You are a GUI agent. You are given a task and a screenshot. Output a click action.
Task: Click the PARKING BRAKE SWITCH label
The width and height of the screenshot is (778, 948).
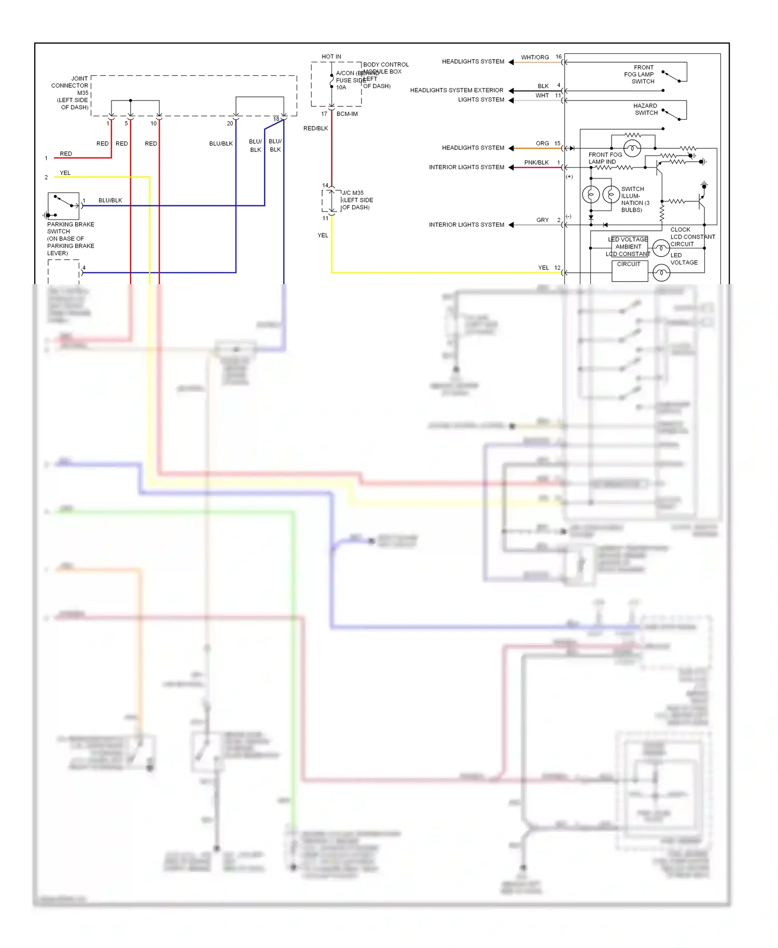point(71,228)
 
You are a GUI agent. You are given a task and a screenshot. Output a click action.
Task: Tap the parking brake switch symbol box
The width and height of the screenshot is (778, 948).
point(63,206)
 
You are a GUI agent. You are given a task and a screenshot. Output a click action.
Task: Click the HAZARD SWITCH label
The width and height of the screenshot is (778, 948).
point(646,109)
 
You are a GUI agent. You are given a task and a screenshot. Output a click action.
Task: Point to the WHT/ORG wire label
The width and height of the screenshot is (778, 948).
point(535,58)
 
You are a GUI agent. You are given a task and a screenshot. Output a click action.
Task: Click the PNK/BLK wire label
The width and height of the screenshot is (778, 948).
point(536,162)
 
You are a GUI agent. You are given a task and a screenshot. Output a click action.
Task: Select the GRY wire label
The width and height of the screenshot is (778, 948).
point(542,220)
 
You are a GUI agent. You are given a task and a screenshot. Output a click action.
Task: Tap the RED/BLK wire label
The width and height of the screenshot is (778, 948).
point(315,128)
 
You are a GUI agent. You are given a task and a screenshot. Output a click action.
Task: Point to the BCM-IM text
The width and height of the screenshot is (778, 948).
point(347,114)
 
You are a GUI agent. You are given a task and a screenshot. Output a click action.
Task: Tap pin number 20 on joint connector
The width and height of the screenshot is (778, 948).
point(230,123)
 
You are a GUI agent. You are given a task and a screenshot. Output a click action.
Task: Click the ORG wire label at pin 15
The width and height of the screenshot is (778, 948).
point(542,143)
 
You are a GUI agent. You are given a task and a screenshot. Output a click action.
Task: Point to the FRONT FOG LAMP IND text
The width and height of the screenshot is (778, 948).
point(604,158)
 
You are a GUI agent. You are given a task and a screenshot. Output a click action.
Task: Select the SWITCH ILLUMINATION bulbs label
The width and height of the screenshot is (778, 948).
point(634,199)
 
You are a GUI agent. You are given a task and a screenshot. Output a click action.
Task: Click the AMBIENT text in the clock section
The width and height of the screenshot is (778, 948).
point(628,247)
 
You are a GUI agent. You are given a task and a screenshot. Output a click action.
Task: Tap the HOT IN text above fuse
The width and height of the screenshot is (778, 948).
point(331,57)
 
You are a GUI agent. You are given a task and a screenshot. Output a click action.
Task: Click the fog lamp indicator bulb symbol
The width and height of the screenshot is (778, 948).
point(632,149)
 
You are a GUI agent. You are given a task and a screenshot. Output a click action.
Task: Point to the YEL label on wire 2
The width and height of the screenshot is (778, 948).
point(65,173)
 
